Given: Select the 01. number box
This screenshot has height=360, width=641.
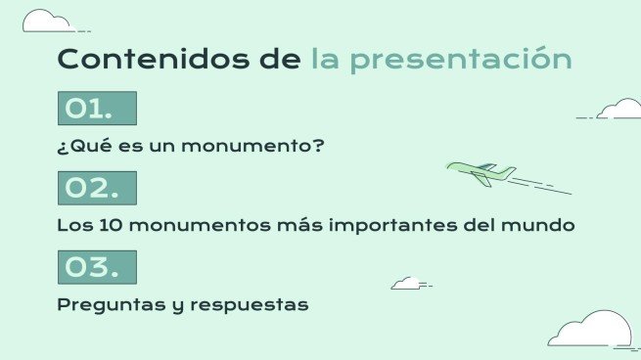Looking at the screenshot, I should pos(97,109).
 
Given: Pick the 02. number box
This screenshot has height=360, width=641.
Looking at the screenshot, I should pos(97,188).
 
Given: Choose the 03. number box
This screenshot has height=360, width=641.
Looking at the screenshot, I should pos(97,267).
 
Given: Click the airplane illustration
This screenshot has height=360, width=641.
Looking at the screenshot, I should pos(482,174).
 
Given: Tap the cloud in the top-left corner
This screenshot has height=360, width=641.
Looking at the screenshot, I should pos(47,21).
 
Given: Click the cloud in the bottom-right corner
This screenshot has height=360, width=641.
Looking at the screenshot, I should pos(589,330).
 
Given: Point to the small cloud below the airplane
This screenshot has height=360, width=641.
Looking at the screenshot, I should pos(406,283).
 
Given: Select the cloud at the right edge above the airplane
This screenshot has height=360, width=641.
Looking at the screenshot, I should pos(619,109).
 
